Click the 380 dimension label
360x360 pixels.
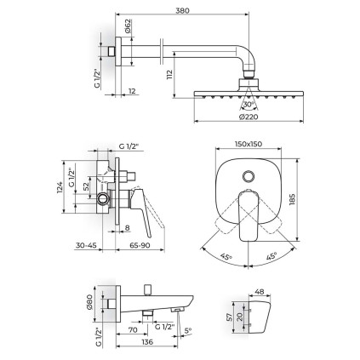click(x=182, y=10)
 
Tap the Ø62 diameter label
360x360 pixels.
click(x=128, y=26)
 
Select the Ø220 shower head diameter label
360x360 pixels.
click(x=249, y=117)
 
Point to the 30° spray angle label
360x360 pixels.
click(x=249, y=105)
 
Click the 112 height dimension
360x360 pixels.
click(x=169, y=75)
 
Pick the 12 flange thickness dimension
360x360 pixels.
click(x=132, y=91)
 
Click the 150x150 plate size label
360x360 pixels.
click(x=249, y=144)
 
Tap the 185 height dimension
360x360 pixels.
click(x=292, y=199)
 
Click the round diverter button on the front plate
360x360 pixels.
click(x=249, y=176)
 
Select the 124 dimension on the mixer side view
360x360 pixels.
click(x=60, y=187)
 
